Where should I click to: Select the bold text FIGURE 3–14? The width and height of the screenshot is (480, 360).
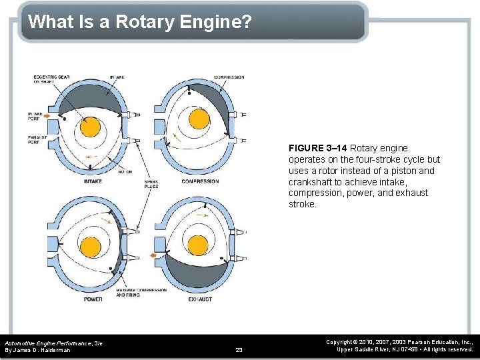coord(317,148)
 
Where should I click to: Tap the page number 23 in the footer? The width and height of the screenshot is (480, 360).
coord(239,349)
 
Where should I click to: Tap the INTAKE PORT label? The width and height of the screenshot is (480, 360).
coord(35,117)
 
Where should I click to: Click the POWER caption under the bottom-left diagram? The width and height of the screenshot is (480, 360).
coord(93,300)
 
